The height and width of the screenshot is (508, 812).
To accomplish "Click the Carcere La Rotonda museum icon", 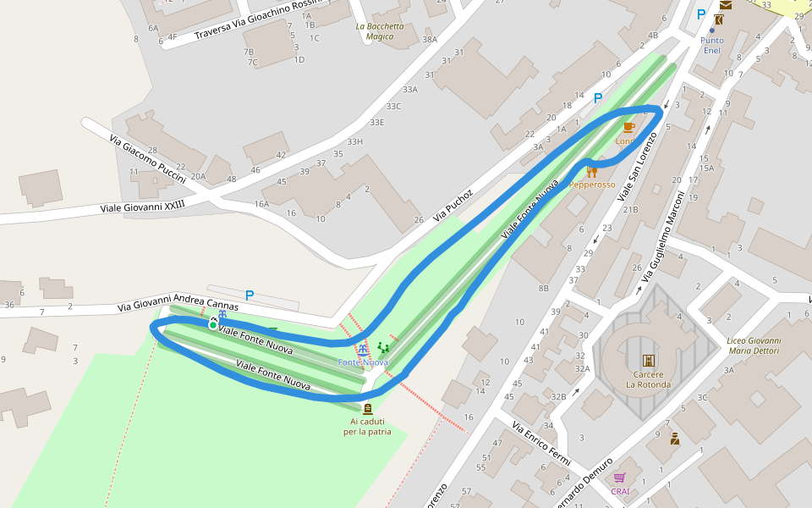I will tap(648, 360).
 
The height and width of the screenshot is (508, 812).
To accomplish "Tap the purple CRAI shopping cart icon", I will tap(620, 478).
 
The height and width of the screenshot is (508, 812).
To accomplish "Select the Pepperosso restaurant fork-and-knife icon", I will tap(591, 173).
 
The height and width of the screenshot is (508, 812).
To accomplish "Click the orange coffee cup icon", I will tap(628, 128).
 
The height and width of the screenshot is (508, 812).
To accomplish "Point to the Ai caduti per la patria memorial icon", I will tap(367, 408).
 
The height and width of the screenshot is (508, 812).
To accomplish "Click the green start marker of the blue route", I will tap(212, 324).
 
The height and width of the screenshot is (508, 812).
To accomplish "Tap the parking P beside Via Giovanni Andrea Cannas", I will tap(249, 295).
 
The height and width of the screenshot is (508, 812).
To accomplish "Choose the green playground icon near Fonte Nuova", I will tap(383, 348).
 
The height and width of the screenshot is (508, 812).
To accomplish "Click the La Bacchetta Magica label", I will tap(379, 31).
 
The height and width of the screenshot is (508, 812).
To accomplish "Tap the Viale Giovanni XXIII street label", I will tap(142, 206).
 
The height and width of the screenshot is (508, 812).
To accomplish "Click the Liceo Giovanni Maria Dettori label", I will tap(754, 345).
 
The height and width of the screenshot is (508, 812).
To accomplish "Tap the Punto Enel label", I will tap(712, 45).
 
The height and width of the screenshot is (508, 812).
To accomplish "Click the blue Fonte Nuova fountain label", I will tap(363, 362).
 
